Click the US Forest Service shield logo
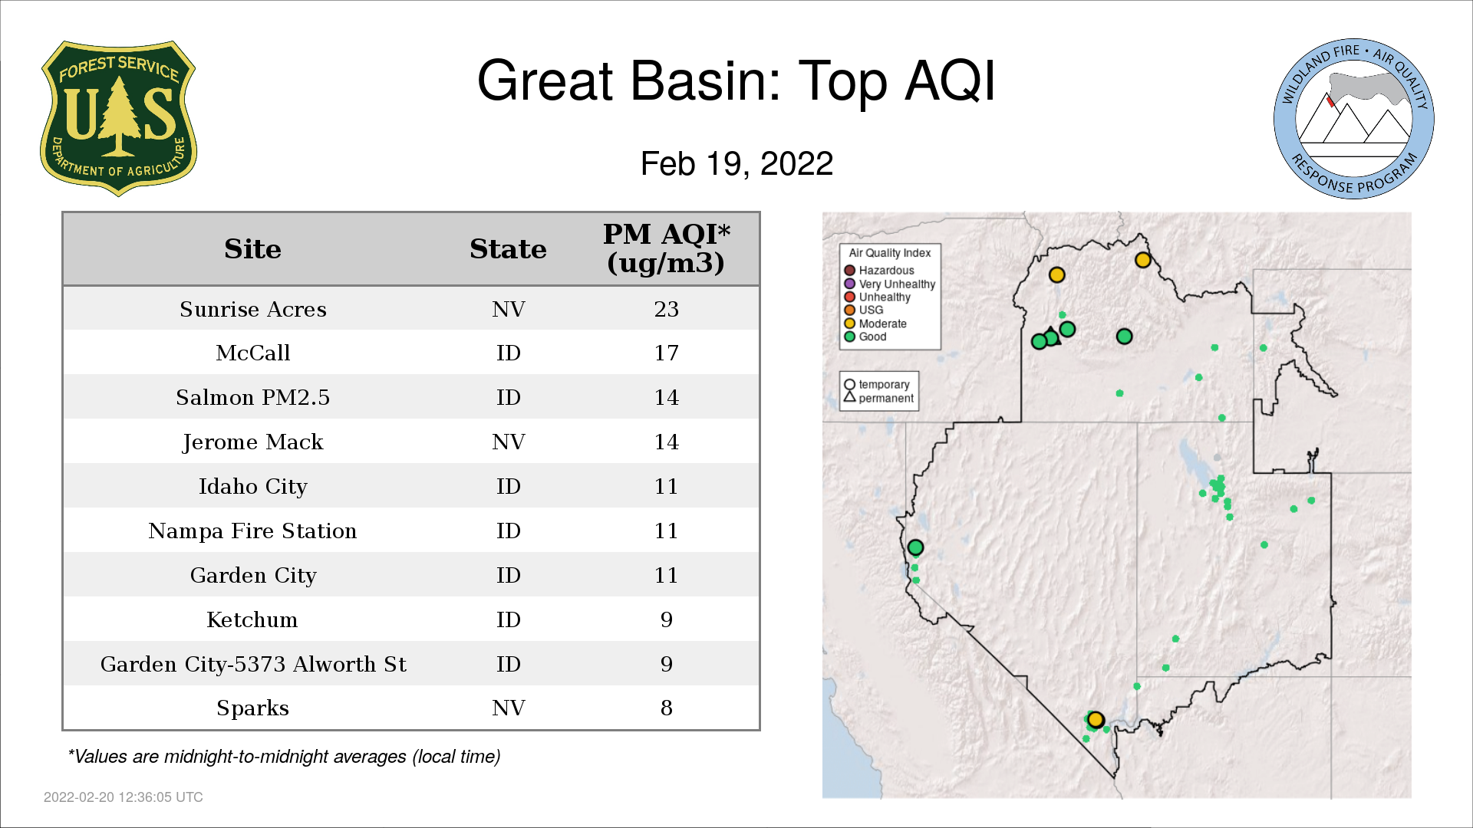point(118,118)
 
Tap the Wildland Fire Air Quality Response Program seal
point(1353,119)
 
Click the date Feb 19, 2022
point(736,163)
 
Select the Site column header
point(252,249)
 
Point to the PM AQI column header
point(666,248)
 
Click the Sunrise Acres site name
point(253,309)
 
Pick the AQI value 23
point(666,309)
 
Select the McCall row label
point(253,353)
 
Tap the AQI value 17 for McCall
point(666,353)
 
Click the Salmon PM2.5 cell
point(253,397)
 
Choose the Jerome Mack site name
point(253,442)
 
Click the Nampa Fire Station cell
point(253,531)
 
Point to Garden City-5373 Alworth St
point(253,664)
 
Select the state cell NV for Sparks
point(509,708)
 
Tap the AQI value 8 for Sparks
point(666,708)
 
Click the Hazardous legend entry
point(879,271)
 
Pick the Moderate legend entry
point(875,324)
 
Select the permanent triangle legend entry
point(879,398)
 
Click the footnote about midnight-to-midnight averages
point(284,757)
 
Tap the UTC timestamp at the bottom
point(124,797)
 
